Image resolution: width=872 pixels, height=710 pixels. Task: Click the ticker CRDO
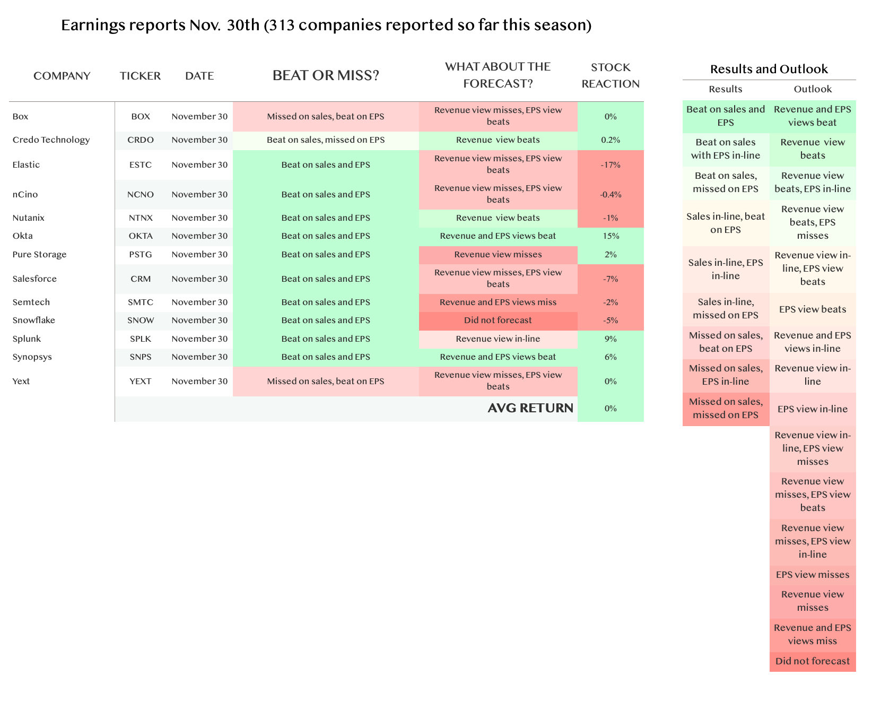pos(141,140)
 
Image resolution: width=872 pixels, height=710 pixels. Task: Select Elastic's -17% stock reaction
pos(611,165)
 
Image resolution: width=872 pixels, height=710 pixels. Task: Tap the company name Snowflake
pos(34,321)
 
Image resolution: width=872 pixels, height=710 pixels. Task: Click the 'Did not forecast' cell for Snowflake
pos(498,321)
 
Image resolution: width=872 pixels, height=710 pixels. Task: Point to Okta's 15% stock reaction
pos(611,236)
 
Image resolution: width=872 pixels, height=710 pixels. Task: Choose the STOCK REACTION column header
pos(611,75)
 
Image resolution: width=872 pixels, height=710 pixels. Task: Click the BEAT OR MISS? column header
pos(326,75)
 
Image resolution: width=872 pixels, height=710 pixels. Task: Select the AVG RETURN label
pos(530,408)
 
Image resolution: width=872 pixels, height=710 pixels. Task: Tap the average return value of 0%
pos(611,409)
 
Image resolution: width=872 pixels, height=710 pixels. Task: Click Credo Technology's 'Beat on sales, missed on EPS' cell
pos(326,140)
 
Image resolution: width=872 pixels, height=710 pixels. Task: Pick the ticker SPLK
pos(141,339)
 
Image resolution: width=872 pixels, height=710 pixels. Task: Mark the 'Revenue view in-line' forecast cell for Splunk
pos(498,339)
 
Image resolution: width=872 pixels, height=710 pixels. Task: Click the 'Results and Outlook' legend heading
pos(769,69)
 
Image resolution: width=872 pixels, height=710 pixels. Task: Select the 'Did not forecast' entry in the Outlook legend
pos(813,661)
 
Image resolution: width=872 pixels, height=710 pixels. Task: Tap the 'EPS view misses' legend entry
pos(813,575)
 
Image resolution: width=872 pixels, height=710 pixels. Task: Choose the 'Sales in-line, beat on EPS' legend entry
pos(726,223)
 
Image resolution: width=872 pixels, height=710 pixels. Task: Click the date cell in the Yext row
pos(199,382)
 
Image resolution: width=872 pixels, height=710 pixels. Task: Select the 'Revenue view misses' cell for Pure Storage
pos(498,255)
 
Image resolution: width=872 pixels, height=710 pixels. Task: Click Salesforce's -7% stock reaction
pos(611,279)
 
